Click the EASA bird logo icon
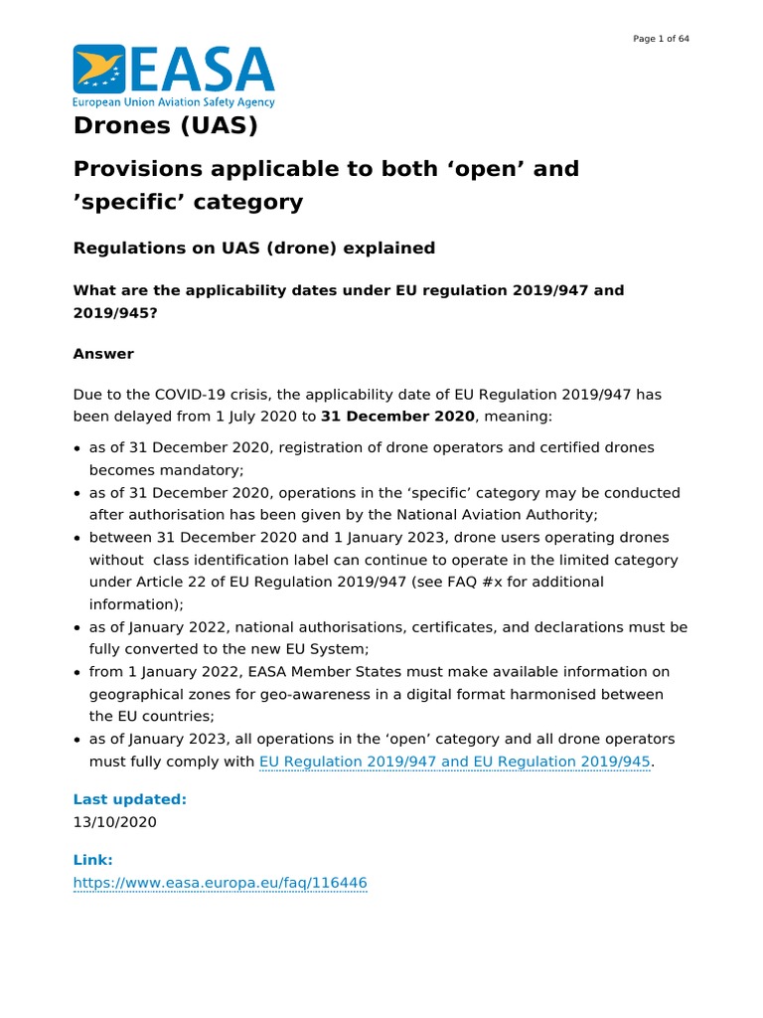click(x=99, y=69)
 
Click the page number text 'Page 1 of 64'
click(x=661, y=39)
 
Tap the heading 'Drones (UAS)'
click(x=165, y=126)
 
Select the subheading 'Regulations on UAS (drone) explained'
click(x=254, y=248)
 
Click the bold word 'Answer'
click(x=103, y=354)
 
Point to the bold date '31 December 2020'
click(x=397, y=416)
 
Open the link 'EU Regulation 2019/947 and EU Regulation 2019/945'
click(x=454, y=762)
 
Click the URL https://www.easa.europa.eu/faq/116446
click(x=221, y=882)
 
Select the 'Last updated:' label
click(x=130, y=799)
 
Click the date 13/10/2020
click(x=114, y=822)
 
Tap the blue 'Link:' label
click(x=93, y=859)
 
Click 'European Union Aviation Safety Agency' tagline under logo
click(x=174, y=102)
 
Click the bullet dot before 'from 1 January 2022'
click(x=77, y=673)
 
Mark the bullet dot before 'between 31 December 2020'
click(x=77, y=538)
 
